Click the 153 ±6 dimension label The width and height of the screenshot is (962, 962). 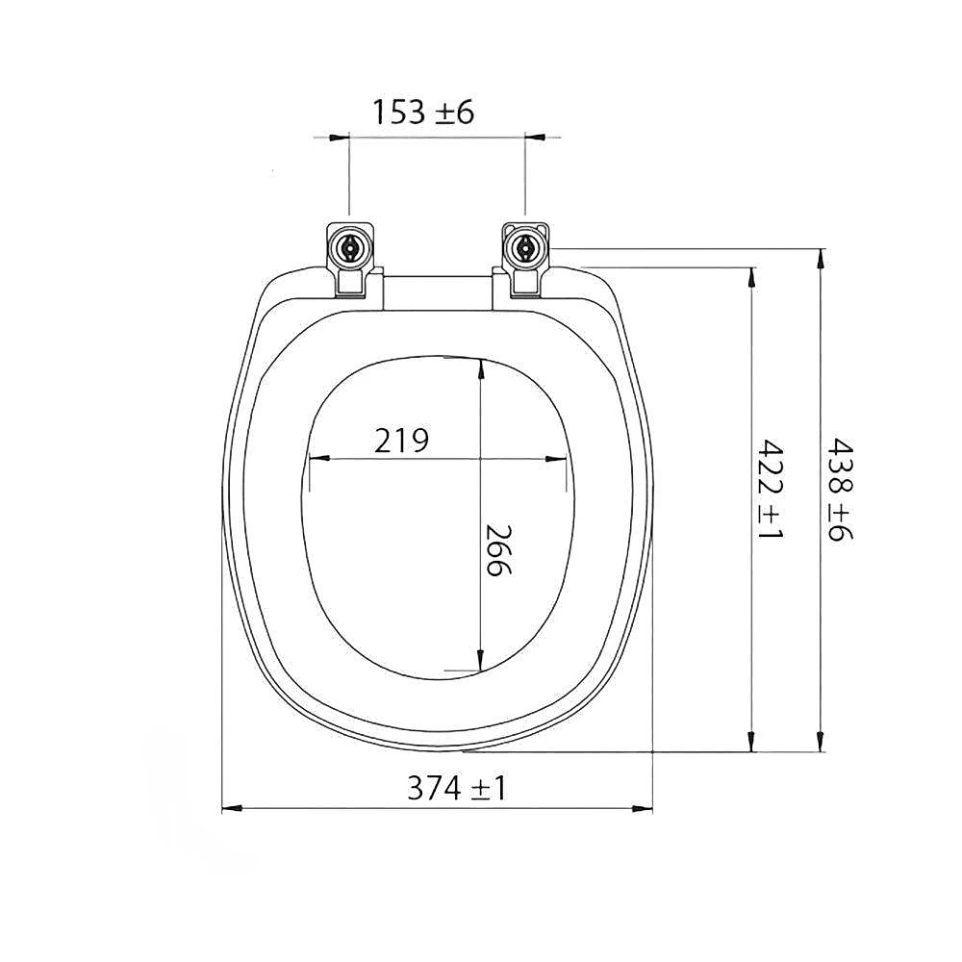pyautogui.click(x=423, y=113)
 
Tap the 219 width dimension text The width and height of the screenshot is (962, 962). pyautogui.click(x=402, y=440)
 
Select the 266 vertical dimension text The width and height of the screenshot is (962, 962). pyautogui.click(x=498, y=549)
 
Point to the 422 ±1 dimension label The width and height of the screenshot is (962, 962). pyautogui.click(x=771, y=489)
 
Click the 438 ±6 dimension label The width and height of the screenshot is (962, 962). pyautogui.click(x=840, y=489)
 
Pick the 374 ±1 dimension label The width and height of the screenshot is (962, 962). pyautogui.click(x=457, y=789)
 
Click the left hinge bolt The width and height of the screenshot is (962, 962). pyautogui.click(x=350, y=248)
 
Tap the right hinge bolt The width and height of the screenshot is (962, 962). pyautogui.click(x=525, y=248)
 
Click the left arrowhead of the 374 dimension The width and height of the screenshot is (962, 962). pyautogui.click(x=232, y=809)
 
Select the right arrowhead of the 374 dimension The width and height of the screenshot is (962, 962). pyautogui.click(x=642, y=809)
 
